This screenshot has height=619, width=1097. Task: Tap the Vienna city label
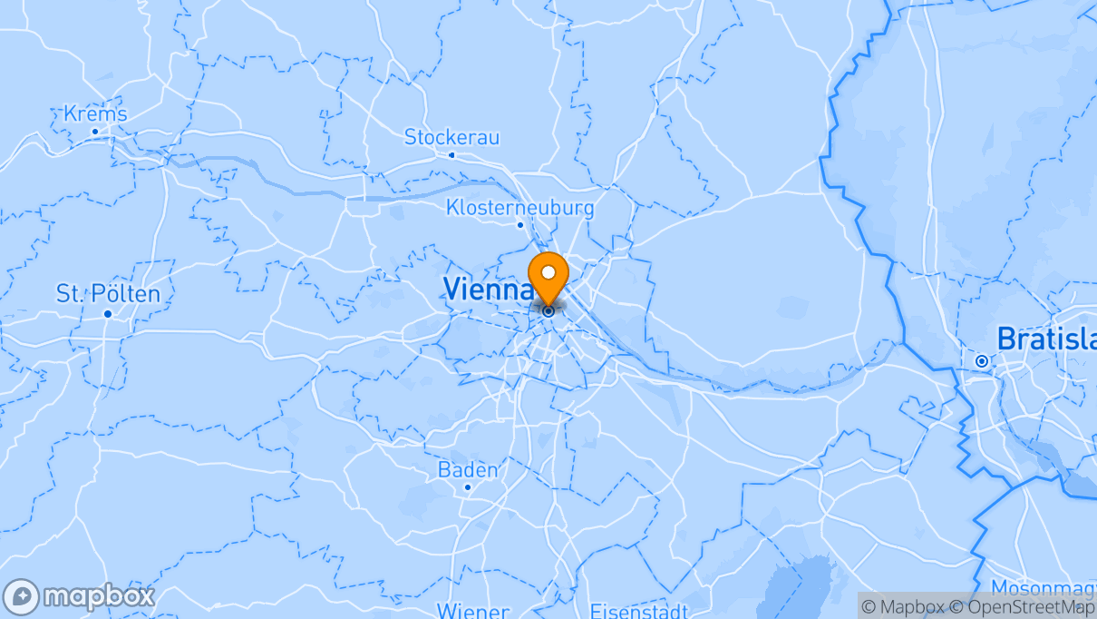point(488,290)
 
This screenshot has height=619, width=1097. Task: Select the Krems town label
point(95,113)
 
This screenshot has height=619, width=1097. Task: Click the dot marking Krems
point(94,131)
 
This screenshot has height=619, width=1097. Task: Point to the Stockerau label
point(451,137)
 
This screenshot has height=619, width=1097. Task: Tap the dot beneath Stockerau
point(451,154)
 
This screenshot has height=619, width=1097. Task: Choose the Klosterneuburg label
point(519,208)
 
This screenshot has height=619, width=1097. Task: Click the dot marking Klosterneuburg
point(520,224)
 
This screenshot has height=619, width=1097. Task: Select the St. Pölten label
point(108,293)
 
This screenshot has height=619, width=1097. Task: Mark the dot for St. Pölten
point(107,313)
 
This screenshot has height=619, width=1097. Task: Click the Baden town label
point(468,469)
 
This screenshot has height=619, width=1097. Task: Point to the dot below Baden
point(468,487)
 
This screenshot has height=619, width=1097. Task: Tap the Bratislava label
point(1046,339)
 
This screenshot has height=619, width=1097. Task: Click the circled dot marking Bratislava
point(981,361)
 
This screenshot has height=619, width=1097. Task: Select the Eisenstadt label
point(638,610)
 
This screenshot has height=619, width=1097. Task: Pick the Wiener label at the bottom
point(473,610)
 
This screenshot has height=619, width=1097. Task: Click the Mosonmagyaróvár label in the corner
point(1043,587)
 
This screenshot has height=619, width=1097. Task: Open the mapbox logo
point(79,596)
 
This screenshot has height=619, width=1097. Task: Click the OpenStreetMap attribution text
point(1032,606)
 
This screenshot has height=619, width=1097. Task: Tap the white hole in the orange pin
point(548,271)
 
